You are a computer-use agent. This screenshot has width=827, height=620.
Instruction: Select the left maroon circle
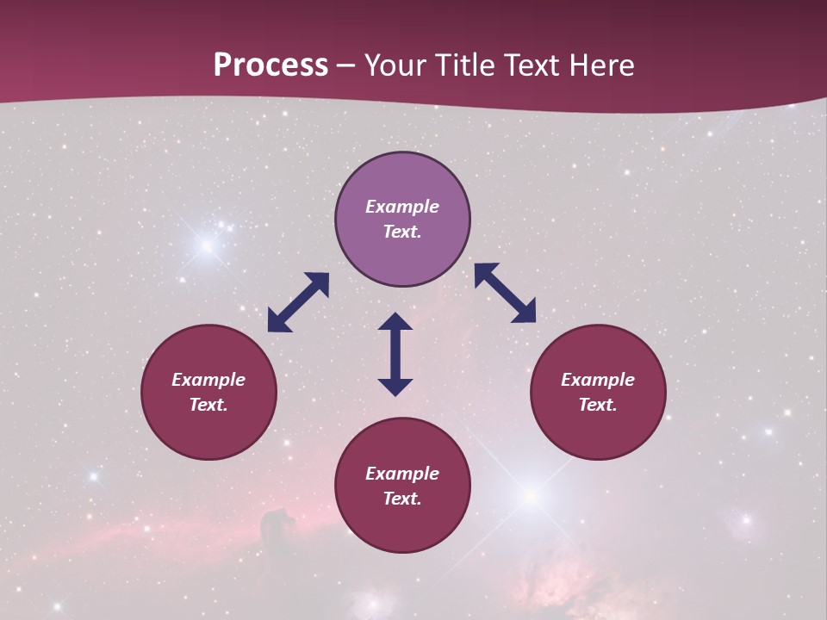(208, 392)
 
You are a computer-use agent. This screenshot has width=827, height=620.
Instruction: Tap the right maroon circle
(598, 392)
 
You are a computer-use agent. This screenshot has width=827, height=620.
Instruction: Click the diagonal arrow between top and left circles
(298, 302)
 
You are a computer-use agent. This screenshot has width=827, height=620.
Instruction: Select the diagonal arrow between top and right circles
(506, 293)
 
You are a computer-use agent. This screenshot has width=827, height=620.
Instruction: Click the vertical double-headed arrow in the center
(395, 354)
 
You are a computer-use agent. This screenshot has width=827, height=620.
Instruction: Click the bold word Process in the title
(270, 65)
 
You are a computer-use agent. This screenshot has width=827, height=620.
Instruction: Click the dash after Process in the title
(346, 65)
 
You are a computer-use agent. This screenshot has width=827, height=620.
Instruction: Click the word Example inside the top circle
(402, 207)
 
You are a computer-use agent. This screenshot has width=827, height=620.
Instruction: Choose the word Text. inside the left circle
(208, 405)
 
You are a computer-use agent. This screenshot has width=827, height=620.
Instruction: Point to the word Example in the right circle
(598, 380)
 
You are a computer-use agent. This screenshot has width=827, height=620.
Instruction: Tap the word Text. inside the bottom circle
(402, 499)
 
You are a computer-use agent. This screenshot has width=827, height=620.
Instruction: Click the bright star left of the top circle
(207, 246)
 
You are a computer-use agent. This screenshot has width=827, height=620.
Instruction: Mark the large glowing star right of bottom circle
(532, 496)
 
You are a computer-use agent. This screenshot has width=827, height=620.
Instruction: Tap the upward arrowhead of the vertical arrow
(395, 322)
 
